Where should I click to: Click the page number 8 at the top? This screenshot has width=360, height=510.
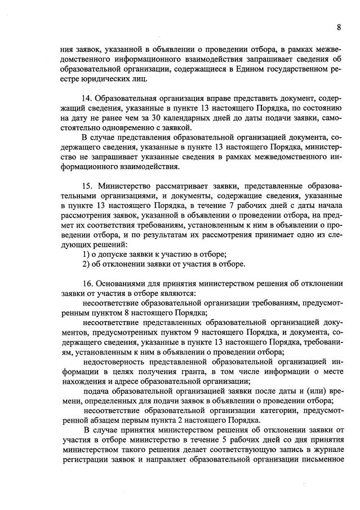pyautogui.click(x=339, y=26)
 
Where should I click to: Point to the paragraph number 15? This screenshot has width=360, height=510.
pyautogui.click(x=87, y=185)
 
